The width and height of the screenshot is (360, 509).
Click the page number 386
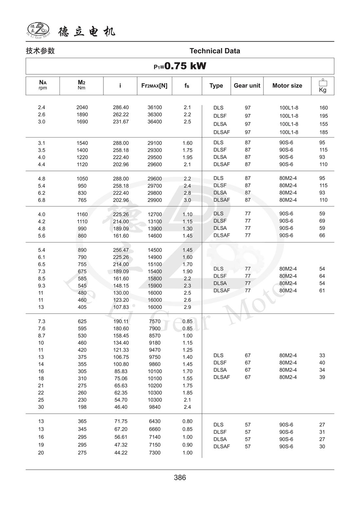pos(180,478)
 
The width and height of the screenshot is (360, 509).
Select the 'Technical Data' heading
pos(215,51)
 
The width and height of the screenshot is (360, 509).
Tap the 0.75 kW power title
pos(180,66)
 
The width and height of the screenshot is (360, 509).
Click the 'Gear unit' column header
pos(247,86)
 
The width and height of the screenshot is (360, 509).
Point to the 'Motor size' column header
pos(287,86)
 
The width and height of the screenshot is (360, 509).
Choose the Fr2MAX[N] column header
pos(154,86)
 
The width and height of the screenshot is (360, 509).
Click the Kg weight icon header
pos(323,86)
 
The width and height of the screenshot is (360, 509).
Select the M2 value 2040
pos(82,107)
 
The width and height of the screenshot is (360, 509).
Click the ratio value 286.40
pos(121,107)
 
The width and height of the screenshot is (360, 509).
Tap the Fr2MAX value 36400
pos(154,122)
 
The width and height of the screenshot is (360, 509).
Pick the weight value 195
pos(323,116)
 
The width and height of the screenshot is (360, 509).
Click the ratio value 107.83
pos(121,307)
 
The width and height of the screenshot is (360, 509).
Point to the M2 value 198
pos(82,407)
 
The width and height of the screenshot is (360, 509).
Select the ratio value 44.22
pos(121,453)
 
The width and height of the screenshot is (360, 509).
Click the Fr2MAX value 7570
pos(154,321)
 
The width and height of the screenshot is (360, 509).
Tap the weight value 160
pos(323,108)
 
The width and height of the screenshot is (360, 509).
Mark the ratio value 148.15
pos(121,286)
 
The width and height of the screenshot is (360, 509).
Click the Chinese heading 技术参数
pos(40,51)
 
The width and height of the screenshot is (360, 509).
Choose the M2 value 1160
pos(82,214)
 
